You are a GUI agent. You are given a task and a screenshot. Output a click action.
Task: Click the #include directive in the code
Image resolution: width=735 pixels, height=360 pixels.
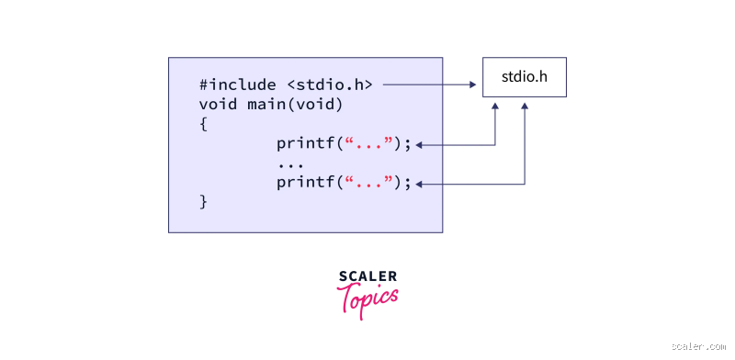(x=237, y=84)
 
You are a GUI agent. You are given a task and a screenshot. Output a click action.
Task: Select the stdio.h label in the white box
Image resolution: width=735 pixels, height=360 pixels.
(x=525, y=76)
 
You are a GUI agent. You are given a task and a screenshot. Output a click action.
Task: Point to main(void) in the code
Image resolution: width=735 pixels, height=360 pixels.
(x=295, y=104)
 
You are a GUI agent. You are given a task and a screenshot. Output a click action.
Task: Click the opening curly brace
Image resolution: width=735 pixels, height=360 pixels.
(x=203, y=123)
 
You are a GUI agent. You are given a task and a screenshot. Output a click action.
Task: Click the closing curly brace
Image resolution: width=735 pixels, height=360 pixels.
(x=203, y=200)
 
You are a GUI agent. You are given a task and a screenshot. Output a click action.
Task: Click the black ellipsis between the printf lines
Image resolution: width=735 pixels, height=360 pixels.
(x=290, y=163)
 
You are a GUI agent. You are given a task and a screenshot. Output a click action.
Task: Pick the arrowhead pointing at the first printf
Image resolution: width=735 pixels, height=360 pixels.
(x=420, y=144)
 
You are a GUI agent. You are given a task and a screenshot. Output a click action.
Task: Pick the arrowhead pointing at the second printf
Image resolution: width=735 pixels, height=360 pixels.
(x=420, y=185)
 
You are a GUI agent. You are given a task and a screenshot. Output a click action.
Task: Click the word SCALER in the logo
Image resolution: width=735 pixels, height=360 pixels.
(x=367, y=276)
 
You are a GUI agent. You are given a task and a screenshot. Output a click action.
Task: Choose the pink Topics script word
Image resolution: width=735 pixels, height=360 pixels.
(x=367, y=299)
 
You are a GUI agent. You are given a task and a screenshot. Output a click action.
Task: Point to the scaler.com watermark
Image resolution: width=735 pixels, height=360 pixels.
(x=699, y=347)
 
